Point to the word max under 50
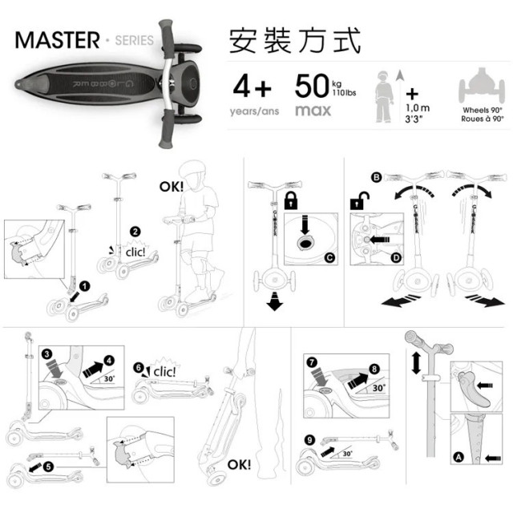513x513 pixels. coord(313,110)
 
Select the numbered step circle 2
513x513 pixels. coord(135,232)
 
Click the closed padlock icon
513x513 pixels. coord(291,198)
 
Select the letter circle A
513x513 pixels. coord(458,458)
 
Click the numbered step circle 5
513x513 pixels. coord(50,465)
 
